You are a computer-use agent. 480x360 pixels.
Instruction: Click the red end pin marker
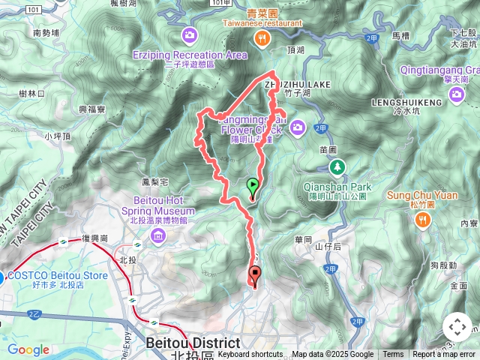coord(255,276)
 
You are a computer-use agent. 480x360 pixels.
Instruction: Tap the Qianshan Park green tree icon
coord(337,166)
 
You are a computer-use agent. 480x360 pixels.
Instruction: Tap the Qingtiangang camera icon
coord(457,94)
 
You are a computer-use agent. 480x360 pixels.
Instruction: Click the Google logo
coord(28,350)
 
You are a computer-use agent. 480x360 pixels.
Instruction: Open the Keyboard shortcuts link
coord(250,355)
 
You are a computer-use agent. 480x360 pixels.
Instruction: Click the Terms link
coord(393,355)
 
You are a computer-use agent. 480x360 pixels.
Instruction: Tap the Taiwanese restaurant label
coord(262,22)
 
